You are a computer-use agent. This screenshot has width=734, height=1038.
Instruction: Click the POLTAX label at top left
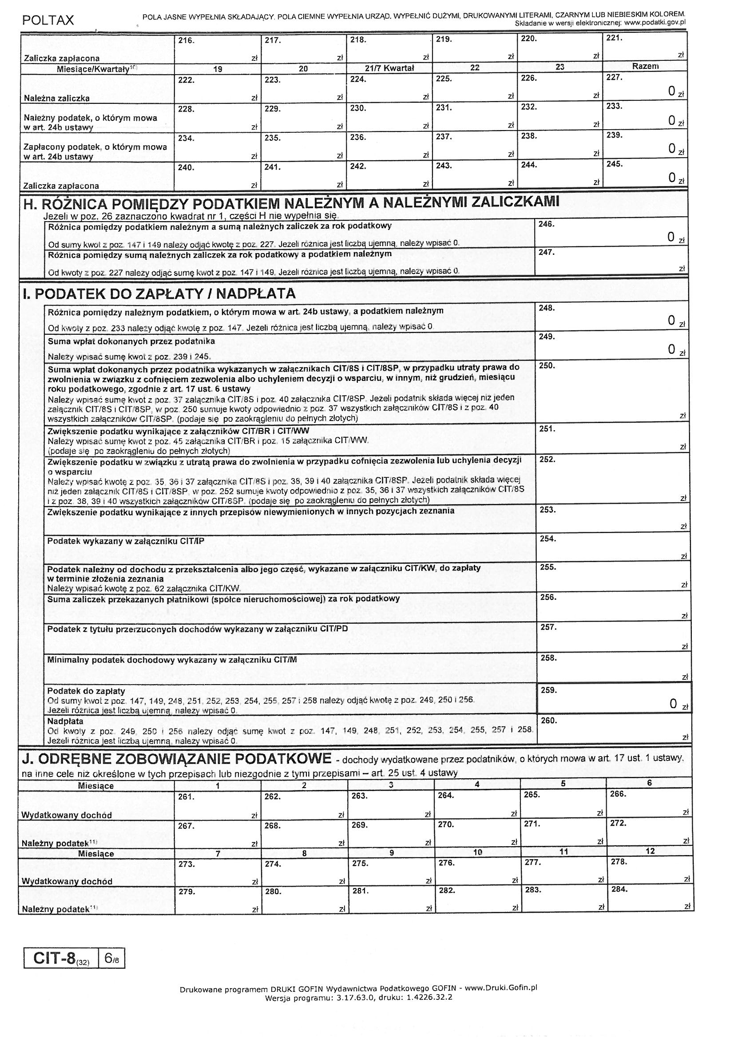tap(48, 20)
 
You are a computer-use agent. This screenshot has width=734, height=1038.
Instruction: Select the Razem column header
tap(645, 66)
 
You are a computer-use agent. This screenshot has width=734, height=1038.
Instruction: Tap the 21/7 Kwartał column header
tap(389, 68)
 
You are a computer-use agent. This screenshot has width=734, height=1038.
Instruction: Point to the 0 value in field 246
tap(671, 237)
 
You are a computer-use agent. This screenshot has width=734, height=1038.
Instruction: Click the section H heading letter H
tap(30, 205)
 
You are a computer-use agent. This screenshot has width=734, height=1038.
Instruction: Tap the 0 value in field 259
tap(674, 704)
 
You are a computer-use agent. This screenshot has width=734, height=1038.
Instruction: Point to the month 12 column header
tap(650, 851)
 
